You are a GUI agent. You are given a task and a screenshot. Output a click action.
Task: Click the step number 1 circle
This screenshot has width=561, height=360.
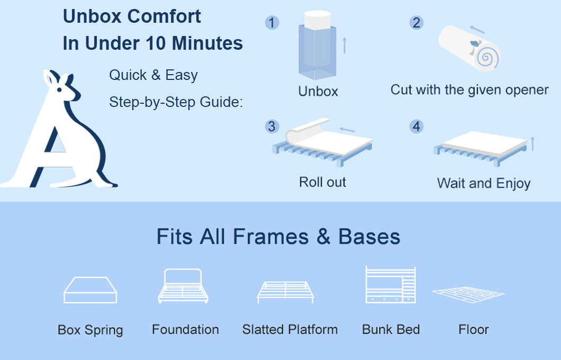[272, 23]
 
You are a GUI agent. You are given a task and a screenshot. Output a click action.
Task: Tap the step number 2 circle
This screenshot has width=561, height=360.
[416, 23]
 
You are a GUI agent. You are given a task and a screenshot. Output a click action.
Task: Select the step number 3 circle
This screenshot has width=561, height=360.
[272, 127]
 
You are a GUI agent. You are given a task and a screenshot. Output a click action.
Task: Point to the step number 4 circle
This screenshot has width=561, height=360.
[417, 127]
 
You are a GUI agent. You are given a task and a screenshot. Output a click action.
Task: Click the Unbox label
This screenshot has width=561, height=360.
[318, 91]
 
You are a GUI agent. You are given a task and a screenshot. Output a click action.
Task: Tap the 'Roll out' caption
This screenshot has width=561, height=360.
[322, 182]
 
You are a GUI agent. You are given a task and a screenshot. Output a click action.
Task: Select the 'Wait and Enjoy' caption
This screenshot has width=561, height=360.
[483, 183]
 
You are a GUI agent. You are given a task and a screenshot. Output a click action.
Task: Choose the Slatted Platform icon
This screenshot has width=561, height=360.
[285, 291]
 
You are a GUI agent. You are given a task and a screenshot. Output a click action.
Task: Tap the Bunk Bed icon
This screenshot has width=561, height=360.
[391, 284]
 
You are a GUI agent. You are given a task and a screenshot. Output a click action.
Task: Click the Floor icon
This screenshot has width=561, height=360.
[468, 294]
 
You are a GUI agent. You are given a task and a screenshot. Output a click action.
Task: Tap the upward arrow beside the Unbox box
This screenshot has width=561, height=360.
[344, 44]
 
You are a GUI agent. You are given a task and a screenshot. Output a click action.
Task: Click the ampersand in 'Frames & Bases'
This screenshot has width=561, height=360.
[323, 237]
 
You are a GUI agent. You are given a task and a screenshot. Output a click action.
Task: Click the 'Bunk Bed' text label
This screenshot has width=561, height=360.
[391, 329]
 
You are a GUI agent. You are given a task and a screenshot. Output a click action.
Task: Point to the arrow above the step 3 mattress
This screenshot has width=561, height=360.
[347, 129]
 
